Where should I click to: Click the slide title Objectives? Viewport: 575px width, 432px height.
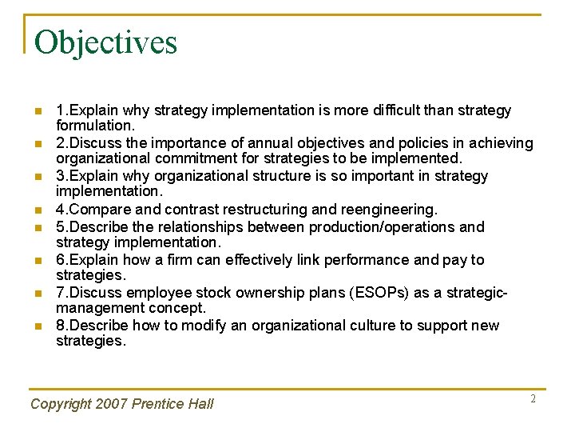[x=105, y=42]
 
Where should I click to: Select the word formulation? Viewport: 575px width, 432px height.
[x=94, y=125]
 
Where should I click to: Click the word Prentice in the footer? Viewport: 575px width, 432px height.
[x=157, y=404]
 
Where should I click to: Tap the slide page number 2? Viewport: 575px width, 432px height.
[x=533, y=398]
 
